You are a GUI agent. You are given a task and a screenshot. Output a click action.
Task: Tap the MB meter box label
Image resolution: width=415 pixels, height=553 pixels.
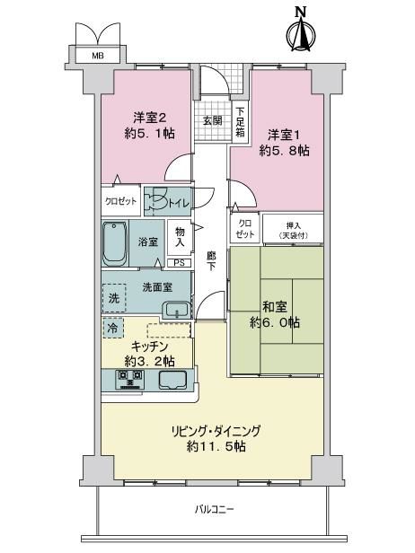[x=98, y=56]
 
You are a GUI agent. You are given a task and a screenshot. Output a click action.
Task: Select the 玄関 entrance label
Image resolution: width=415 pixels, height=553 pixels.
[x=212, y=120]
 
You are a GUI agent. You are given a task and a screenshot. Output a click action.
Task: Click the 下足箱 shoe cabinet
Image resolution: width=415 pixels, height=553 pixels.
[x=241, y=122]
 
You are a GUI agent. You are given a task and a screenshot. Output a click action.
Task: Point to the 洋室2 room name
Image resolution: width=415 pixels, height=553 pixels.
[x=150, y=118]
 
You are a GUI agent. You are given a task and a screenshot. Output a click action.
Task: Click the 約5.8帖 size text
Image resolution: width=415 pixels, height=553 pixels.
[x=284, y=151]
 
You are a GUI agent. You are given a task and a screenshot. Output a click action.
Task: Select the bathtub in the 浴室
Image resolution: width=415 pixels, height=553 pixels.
[x=115, y=243]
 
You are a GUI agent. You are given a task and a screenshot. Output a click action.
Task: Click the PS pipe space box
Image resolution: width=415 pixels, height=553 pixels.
[x=180, y=263]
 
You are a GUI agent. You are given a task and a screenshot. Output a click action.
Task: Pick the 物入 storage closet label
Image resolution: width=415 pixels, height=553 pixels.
[x=180, y=237]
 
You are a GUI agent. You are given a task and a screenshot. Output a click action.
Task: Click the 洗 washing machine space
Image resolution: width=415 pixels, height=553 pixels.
[x=114, y=298]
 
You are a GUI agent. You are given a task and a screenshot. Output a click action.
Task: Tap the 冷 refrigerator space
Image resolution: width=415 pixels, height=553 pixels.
[x=113, y=328]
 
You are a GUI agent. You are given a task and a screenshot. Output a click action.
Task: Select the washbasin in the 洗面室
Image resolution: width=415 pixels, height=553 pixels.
[x=176, y=311]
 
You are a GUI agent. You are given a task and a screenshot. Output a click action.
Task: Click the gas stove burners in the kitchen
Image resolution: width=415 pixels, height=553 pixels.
[x=130, y=379]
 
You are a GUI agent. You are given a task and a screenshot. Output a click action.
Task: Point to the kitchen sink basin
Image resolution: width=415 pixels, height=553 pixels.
[x=172, y=380]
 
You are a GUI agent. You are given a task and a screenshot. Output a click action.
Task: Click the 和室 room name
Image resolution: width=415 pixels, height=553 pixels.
[x=275, y=307]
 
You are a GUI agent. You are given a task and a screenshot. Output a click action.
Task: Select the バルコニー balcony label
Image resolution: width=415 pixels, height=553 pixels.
[x=214, y=509]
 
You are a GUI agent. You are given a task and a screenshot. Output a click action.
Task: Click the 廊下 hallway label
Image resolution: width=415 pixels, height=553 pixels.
[x=211, y=260]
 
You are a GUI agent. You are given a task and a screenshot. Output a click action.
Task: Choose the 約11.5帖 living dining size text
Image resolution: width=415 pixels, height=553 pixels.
[x=216, y=447]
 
